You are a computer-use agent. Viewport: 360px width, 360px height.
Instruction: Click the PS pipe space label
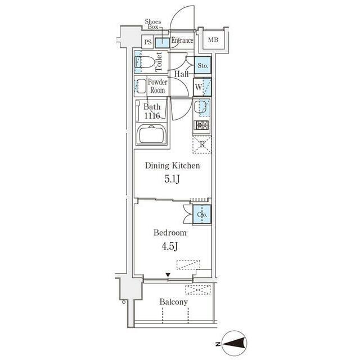[x=148, y=42]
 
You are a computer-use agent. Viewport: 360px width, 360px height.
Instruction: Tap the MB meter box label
[x=213, y=40]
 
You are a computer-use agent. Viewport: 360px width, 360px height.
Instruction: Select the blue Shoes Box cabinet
[x=163, y=43]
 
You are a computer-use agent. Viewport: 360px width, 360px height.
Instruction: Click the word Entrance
[x=182, y=40]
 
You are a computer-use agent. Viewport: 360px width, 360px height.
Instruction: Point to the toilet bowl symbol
[x=145, y=62]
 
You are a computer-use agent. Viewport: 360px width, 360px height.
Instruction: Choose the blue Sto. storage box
[x=202, y=65]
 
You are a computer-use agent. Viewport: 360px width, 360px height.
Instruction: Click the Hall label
[x=181, y=74]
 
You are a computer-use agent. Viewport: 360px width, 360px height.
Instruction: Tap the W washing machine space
[x=202, y=87]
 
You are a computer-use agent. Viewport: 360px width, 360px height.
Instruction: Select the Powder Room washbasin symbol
[x=141, y=87]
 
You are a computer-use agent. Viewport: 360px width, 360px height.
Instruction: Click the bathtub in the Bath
[x=152, y=135]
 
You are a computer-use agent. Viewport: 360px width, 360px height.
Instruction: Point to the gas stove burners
[x=202, y=125]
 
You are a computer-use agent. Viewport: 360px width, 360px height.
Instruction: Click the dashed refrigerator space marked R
[x=202, y=145]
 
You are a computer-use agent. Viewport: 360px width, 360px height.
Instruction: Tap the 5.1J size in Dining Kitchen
[x=172, y=179]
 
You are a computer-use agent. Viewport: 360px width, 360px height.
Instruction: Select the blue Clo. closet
[x=202, y=214]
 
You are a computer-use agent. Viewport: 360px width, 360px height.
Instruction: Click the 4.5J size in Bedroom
[x=170, y=246]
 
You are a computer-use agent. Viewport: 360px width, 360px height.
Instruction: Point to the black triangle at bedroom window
[x=168, y=275]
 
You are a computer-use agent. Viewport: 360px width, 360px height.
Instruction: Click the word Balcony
[x=174, y=302]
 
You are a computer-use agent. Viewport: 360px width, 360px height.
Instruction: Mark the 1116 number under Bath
[x=152, y=116]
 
